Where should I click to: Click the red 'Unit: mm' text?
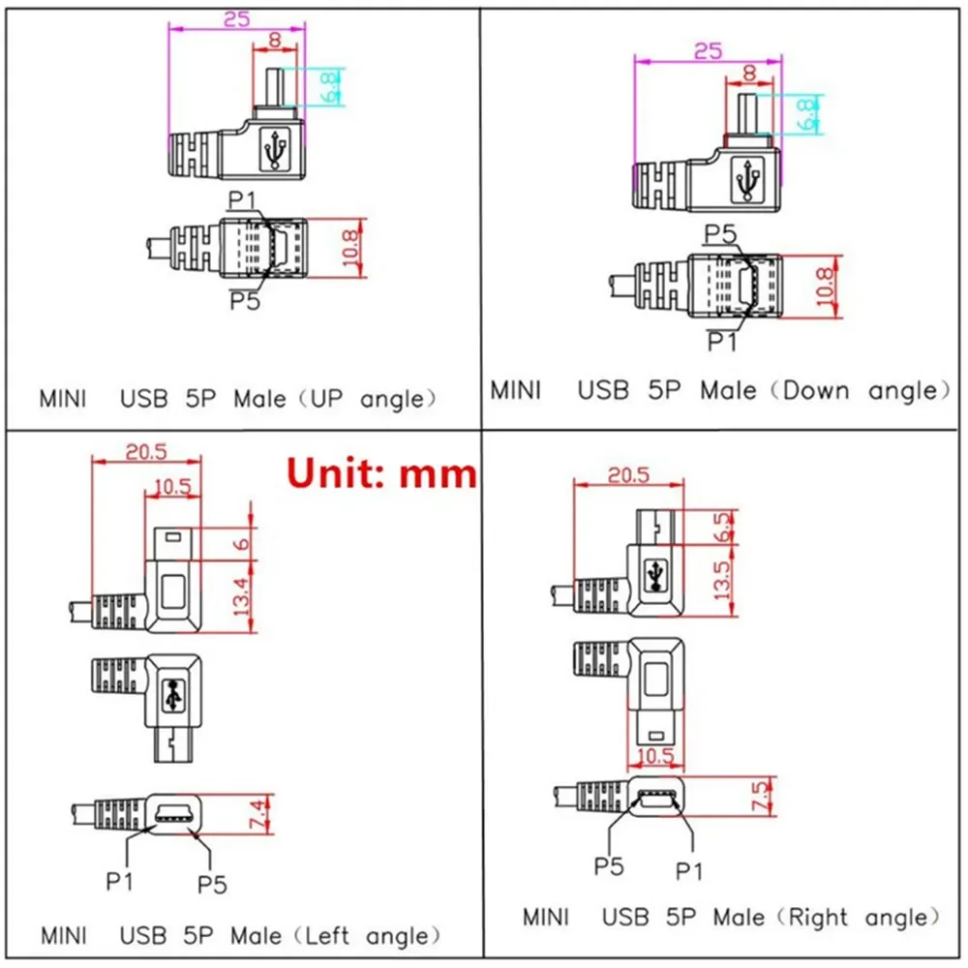382,473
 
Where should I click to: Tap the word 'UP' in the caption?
322,399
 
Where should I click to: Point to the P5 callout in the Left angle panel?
212,884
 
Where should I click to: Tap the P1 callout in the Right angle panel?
688,871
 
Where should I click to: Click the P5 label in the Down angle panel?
720,233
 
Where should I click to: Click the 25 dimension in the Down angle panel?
708,51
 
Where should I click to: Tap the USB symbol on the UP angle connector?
278,150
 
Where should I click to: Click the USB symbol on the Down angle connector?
747,179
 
